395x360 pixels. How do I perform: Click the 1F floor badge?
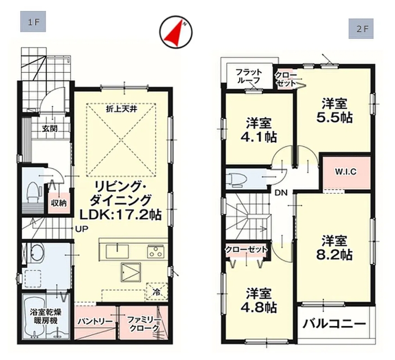pos(33,22)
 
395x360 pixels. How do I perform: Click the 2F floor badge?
pos(361,29)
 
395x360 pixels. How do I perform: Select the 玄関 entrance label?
pos(49,129)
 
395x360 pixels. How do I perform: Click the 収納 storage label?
pos(58,202)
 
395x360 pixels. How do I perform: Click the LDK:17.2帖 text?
pos(121,215)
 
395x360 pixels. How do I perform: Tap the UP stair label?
pos(82,229)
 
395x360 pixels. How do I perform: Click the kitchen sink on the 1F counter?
pos(117,251)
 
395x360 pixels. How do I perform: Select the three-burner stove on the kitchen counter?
pos(156,251)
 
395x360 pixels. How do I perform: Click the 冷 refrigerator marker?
pos(157,292)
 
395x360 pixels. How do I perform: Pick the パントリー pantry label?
pos(95,321)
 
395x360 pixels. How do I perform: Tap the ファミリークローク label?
pos(144,324)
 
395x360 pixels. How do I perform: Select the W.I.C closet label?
pos(346,172)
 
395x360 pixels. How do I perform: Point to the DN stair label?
pos(281,193)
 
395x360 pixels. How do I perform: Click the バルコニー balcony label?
pos(334,324)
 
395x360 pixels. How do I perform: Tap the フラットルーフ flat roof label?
pos(249,76)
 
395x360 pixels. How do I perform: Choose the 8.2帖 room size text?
pos(334,256)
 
